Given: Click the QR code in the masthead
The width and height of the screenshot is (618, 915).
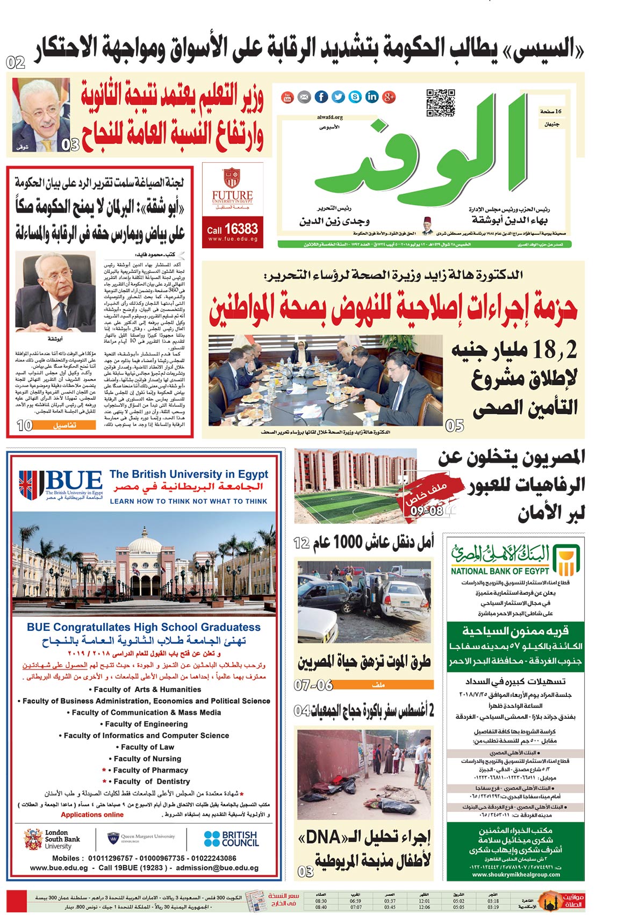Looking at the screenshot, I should coord(441,103).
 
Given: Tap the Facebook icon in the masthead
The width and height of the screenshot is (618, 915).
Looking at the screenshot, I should coord(321,97).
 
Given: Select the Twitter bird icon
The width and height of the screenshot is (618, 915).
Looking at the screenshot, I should coord(338,97).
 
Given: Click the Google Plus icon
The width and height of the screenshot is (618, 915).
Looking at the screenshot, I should coord(389,97).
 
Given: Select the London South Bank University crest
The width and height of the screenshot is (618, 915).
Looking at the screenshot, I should coord(33,839).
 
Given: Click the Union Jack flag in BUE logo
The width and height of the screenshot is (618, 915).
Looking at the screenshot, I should coord(32,483).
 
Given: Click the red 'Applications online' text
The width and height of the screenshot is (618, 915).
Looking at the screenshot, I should coord(92,815).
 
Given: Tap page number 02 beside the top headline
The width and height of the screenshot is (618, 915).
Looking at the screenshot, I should coord(16,62).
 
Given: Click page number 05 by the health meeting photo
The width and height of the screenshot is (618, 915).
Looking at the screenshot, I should coord(455,426).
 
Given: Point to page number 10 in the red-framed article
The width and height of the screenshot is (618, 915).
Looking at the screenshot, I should coord(25,425).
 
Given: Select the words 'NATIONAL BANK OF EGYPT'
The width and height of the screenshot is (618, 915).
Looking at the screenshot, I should coord(500,571).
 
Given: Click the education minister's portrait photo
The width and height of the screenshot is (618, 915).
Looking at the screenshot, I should coord(41,115).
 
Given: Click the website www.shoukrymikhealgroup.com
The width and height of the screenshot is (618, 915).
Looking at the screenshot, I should coord(516,874).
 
